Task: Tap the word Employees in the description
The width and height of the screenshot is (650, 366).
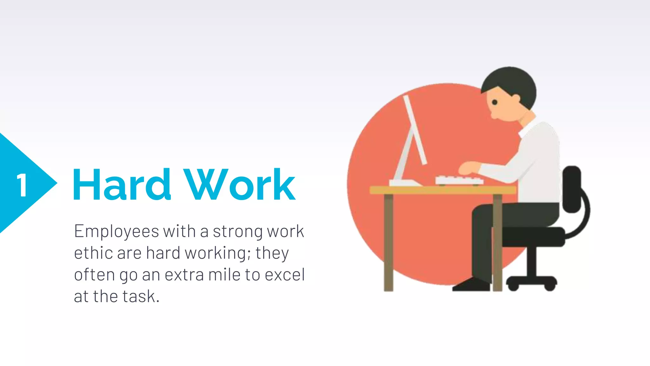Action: click(116, 231)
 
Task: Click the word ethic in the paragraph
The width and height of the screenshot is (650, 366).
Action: click(93, 253)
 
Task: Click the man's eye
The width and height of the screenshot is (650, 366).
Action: click(494, 102)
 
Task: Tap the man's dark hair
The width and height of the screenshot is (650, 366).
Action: click(511, 81)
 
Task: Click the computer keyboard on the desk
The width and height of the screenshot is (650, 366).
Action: click(459, 180)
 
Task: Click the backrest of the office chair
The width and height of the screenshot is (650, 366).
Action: click(572, 189)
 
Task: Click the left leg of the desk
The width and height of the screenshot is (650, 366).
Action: click(388, 241)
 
